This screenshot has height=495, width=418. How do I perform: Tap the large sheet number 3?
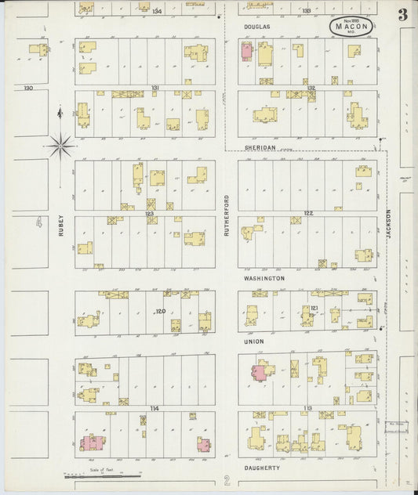coord(402,14)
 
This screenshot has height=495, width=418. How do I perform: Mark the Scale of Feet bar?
coord(102,474)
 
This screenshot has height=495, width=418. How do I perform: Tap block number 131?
coord(155,88)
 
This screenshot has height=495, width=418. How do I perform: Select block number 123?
coord(148,213)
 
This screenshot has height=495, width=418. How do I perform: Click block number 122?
coord(308,213)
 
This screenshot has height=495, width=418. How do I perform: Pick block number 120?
coord(160,312)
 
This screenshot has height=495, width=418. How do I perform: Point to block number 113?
coord(308,408)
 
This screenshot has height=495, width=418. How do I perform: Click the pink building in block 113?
coord(258,374)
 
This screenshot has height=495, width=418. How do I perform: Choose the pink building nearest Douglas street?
coord(246,52)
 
